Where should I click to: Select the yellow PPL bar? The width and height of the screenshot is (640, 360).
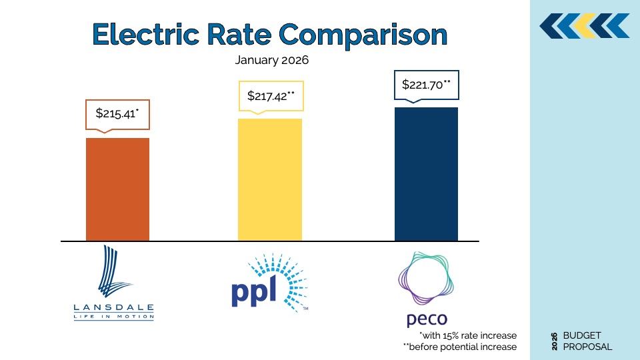click(269, 179)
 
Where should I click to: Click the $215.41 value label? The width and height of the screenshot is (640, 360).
click(117, 113)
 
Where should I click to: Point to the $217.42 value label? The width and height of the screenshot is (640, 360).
click(271, 96)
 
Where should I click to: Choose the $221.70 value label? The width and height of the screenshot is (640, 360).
click(426, 85)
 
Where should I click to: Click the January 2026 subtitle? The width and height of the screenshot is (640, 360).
click(272, 59)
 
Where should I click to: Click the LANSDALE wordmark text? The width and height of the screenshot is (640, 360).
click(114, 308)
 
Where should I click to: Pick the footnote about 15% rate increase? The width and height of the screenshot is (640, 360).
click(467, 335)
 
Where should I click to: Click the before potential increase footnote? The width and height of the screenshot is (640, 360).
click(460, 347)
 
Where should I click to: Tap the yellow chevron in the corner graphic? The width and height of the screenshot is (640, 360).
click(585, 25)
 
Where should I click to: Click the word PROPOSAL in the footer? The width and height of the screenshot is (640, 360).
click(587, 347)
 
